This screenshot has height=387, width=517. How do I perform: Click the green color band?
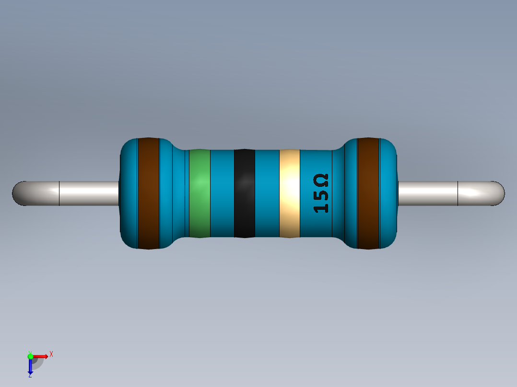point(200,193)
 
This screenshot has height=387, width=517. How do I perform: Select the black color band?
point(244,193)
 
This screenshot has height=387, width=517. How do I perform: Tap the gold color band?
point(289,193)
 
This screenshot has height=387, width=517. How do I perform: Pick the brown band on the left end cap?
point(148,193)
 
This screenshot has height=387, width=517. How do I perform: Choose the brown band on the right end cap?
point(368,193)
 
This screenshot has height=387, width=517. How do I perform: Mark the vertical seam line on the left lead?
point(59,193)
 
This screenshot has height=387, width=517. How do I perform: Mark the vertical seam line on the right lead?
point(458,193)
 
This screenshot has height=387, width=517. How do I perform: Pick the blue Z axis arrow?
point(30,367)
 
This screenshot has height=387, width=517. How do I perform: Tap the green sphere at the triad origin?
point(30,356)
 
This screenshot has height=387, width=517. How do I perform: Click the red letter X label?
point(51,354)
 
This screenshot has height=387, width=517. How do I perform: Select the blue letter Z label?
point(30,376)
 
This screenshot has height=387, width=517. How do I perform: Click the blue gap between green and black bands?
point(222,193)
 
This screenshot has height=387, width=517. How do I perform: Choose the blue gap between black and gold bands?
point(267,193)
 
